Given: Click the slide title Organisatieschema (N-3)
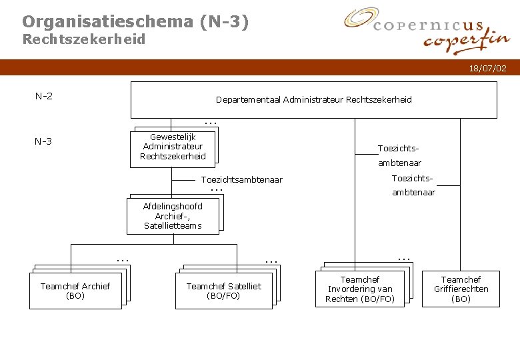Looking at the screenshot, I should [135, 21].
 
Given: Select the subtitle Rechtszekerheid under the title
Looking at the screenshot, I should [83, 39].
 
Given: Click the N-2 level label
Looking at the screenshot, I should [44, 96].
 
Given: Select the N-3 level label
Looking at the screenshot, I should [44, 141].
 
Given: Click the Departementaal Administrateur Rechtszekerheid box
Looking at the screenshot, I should [313, 100].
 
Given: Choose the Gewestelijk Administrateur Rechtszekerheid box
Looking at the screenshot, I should [173, 147].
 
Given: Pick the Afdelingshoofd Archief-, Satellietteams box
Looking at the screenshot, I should [172, 216].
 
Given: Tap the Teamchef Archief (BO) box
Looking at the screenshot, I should [75, 291].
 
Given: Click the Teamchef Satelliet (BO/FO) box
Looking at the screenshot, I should [223, 291].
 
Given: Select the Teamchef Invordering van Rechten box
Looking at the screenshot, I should [359, 289].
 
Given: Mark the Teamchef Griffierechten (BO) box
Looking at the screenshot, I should [461, 289].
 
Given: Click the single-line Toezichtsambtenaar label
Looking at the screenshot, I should [241, 180].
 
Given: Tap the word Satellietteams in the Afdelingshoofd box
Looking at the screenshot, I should [172, 226].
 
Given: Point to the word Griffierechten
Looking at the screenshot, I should [461, 289].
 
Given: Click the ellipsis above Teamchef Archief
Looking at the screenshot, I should [122, 258].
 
